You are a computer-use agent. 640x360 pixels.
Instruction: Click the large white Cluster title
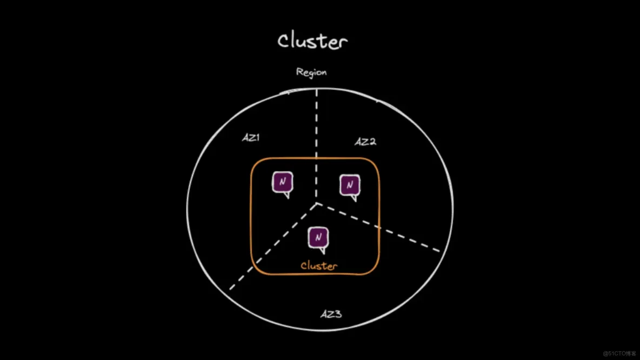(312, 41)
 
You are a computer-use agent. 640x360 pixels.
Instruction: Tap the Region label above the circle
(311, 72)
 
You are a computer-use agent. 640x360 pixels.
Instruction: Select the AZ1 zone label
(251, 138)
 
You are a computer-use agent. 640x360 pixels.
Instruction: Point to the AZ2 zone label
(365, 142)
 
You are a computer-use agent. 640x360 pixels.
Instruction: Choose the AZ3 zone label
(331, 314)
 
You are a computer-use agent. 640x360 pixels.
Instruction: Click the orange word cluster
(319, 266)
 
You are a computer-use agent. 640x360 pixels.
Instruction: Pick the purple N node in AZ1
(282, 183)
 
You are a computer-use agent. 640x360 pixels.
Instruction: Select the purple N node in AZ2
(349, 185)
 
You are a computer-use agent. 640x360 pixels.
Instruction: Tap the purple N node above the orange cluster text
(318, 237)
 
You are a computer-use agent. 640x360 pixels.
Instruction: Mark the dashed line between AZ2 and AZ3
(378, 227)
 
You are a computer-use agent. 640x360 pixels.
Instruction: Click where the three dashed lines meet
(316, 204)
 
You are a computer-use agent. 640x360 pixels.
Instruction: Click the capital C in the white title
(284, 41)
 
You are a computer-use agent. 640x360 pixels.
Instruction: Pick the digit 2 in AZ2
(372, 142)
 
